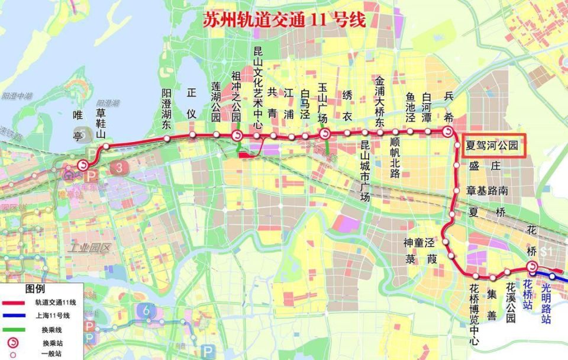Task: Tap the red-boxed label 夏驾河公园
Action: [x=492, y=145]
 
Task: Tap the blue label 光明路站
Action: [x=546, y=303]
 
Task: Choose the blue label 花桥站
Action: [x=529, y=294]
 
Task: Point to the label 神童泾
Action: [x=419, y=242]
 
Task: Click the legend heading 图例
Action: [x=35, y=290]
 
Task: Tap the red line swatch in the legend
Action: [x=18, y=302]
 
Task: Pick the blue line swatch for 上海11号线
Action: [x=18, y=316]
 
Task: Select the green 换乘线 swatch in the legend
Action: [x=18, y=329]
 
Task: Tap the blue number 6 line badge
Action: [x=146, y=310]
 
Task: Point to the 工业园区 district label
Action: [x=90, y=247]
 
